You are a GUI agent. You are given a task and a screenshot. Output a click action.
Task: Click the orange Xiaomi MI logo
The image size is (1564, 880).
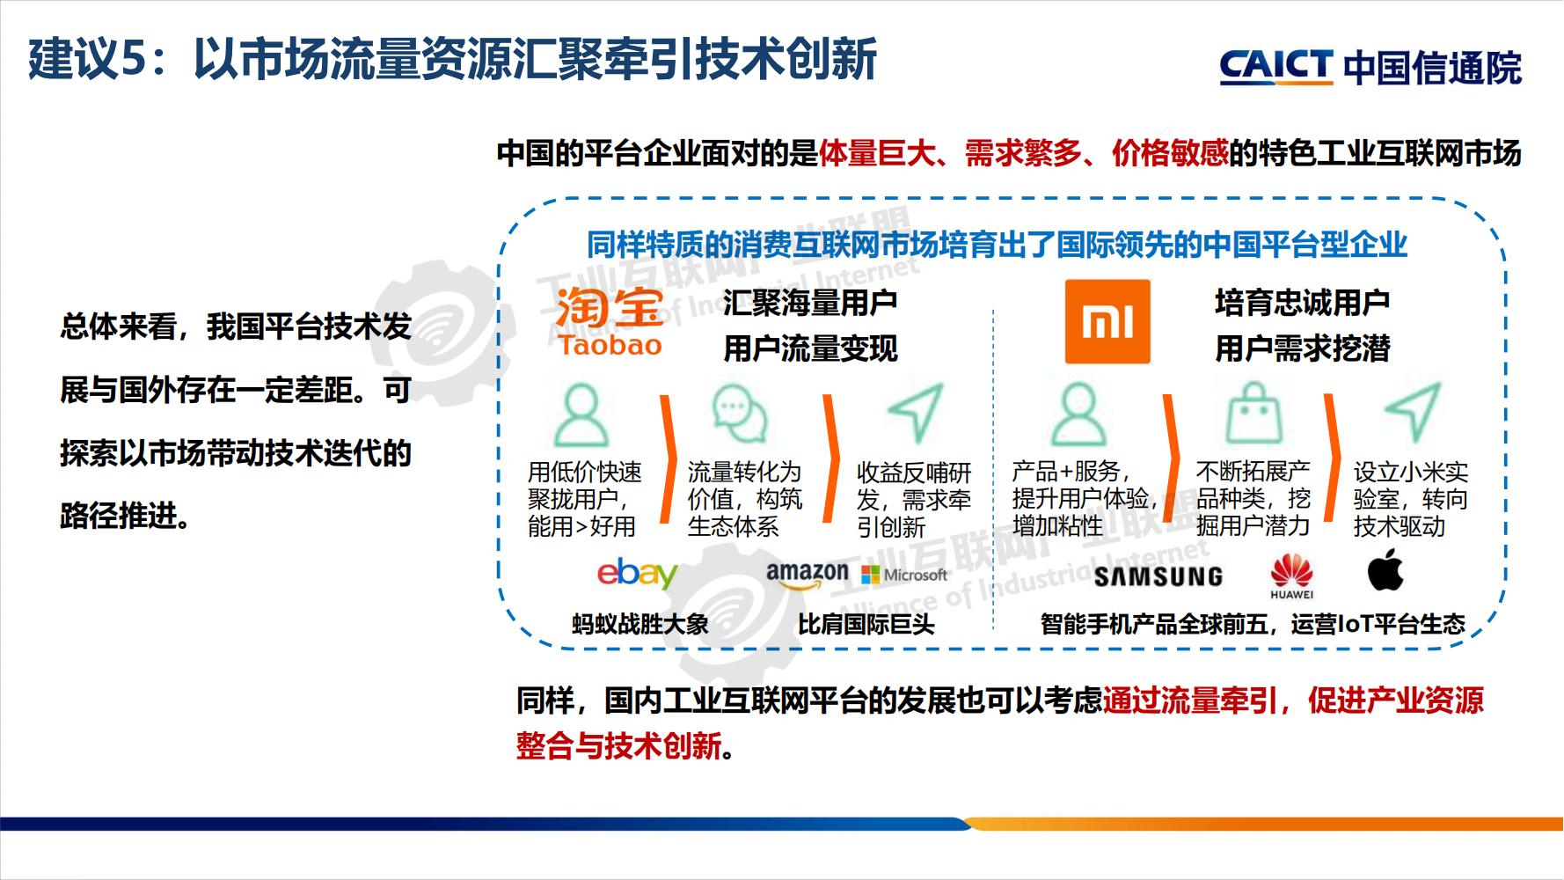(x=1107, y=322)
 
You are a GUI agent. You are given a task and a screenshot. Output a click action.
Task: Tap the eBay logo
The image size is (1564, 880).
(x=637, y=574)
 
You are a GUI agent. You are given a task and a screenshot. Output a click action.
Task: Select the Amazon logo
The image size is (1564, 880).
(x=807, y=575)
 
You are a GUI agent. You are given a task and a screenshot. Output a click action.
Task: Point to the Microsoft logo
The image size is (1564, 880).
(x=905, y=575)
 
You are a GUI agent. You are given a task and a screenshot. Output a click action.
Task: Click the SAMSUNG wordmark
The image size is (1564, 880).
(x=1158, y=576)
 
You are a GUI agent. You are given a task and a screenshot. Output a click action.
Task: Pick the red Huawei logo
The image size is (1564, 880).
(x=1291, y=576)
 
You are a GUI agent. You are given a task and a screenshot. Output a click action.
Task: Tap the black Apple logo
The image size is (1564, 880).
(x=1385, y=570)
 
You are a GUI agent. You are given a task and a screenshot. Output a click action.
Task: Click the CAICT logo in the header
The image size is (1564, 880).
(x=1275, y=67)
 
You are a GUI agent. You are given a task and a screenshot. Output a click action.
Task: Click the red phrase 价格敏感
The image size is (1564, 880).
(x=1170, y=154)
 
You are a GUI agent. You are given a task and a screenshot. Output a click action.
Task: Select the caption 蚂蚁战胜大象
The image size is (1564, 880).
(x=639, y=625)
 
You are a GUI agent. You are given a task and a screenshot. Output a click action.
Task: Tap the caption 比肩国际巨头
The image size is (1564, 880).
(x=866, y=625)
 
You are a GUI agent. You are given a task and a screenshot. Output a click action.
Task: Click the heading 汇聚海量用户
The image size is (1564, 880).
(x=809, y=303)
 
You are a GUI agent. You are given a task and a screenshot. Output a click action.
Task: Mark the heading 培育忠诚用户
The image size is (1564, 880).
(x=1302, y=303)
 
